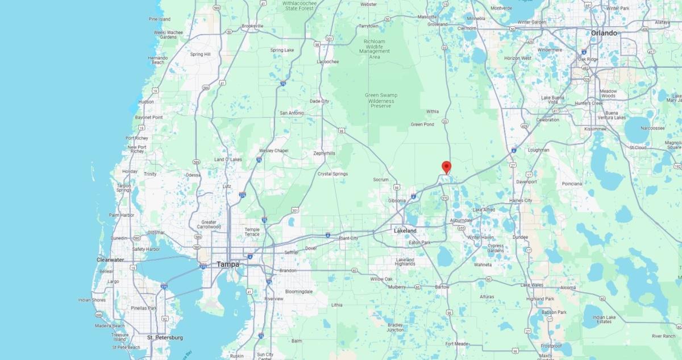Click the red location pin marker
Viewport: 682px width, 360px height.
(446, 167)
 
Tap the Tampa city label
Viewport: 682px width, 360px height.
(228, 264)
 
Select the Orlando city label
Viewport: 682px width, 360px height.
(604, 33)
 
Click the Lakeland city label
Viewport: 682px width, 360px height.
(405, 230)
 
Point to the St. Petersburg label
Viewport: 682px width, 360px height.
(165, 338)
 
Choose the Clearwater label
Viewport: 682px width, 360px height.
(110, 260)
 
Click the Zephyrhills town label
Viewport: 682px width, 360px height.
(325, 153)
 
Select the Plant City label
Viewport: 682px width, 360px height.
(348, 238)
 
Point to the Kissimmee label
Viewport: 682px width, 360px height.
(594, 129)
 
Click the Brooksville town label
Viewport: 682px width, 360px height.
(252, 26)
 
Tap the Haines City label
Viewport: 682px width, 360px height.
(521, 200)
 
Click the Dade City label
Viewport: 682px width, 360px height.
(319, 101)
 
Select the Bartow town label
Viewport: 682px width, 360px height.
(442, 287)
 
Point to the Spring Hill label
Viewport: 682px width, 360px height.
(200, 54)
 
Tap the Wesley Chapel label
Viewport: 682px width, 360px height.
(273, 151)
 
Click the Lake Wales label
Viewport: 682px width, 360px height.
(533, 284)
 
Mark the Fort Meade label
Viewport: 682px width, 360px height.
(456, 344)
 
